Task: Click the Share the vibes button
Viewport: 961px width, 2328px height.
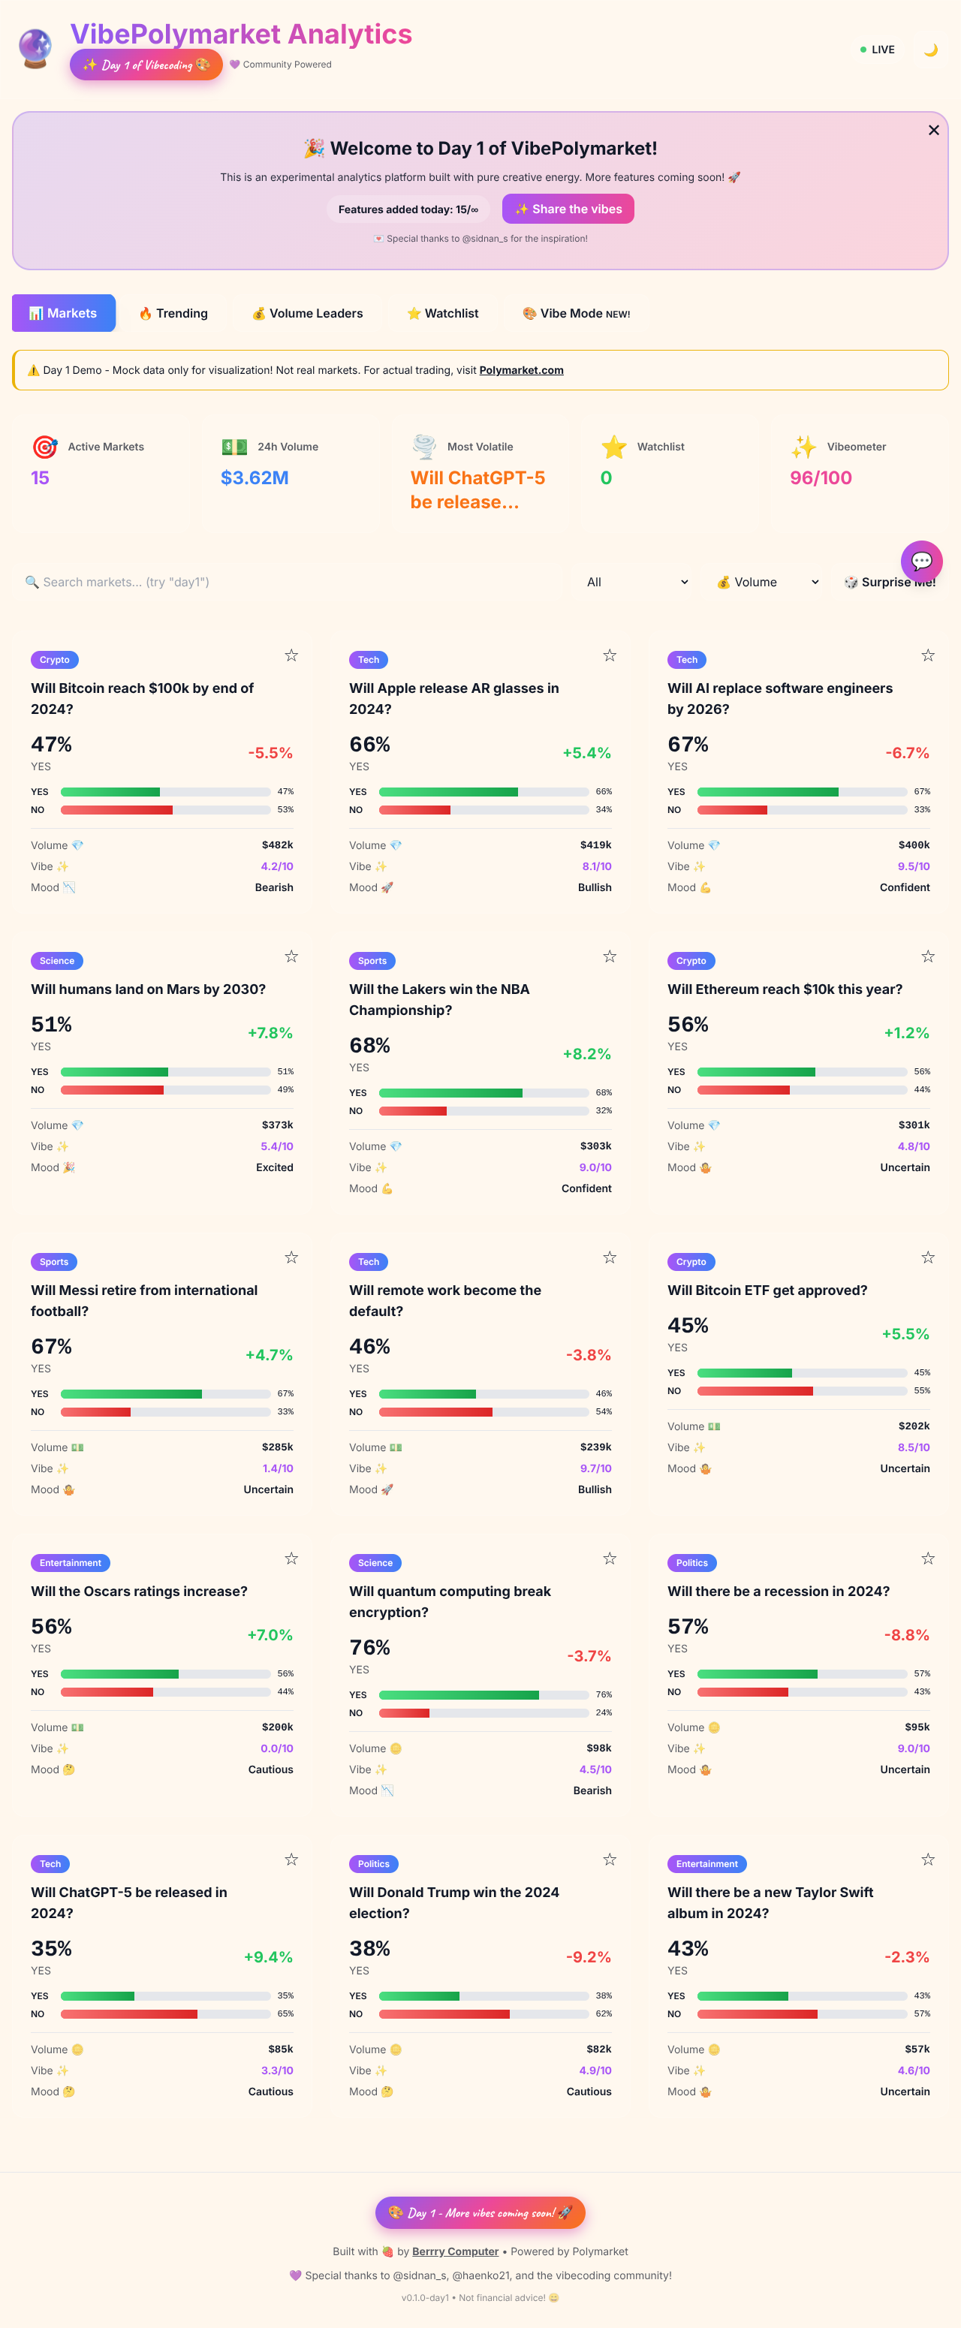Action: click(x=568, y=209)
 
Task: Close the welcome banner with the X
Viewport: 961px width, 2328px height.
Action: click(x=933, y=130)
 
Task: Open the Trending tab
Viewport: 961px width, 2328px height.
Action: click(x=173, y=314)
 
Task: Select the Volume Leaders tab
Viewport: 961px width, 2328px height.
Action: click(x=307, y=314)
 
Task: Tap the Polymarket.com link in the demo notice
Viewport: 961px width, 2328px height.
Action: click(x=521, y=371)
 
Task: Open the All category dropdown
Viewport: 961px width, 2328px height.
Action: click(x=637, y=583)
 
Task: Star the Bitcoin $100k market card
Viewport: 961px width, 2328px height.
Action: click(x=291, y=656)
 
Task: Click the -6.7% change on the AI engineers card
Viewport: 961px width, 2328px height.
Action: click(x=906, y=753)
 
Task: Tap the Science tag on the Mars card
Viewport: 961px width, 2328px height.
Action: click(x=57, y=961)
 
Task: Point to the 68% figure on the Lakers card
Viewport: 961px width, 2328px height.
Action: click(x=369, y=1046)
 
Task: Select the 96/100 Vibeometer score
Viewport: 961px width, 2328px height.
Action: click(x=820, y=478)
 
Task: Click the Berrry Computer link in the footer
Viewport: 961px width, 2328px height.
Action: click(x=455, y=2251)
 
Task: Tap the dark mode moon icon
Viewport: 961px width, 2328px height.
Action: click(x=930, y=50)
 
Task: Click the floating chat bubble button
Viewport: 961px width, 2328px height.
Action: click(x=921, y=562)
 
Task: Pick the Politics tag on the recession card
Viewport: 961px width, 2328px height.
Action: click(x=691, y=1562)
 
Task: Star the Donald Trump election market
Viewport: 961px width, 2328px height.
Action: click(x=610, y=1860)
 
